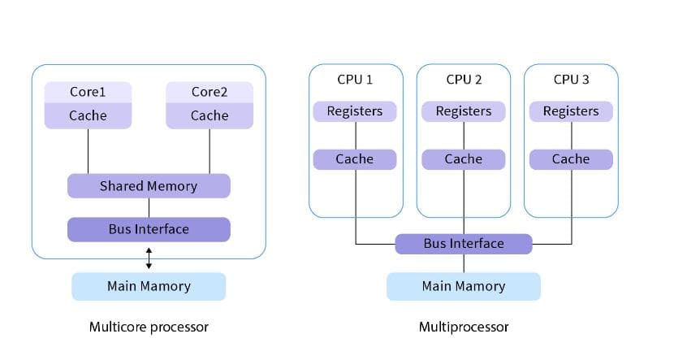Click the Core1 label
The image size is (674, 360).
point(88,92)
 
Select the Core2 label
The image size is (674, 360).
point(210,92)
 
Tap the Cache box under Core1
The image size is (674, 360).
point(88,115)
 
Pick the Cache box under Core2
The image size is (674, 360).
point(210,115)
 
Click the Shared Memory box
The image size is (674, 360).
point(149,186)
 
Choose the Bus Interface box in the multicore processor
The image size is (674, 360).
point(149,229)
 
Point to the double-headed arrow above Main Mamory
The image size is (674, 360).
point(149,258)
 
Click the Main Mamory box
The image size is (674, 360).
point(149,286)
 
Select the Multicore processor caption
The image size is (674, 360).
point(149,327)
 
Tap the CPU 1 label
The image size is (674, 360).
point(355,80)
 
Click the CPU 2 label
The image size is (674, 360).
point(464,80)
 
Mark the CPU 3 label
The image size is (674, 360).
point(571,80)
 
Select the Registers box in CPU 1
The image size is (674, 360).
point(355,111)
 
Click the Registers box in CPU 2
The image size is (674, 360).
point(464,111)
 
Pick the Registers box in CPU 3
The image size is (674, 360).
point(571,111)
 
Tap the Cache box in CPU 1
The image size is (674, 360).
point(355,159)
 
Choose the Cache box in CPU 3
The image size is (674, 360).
point(571,159)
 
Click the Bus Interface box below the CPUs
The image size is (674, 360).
point(464,244)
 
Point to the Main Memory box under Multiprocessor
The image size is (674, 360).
point(464,286)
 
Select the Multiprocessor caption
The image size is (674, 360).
point(464,327)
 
